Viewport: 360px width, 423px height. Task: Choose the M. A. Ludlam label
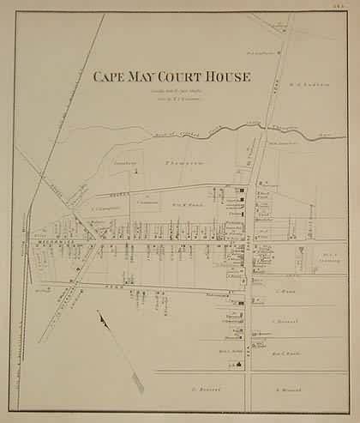coord(309,106)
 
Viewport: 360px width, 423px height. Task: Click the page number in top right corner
coord(346,8)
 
